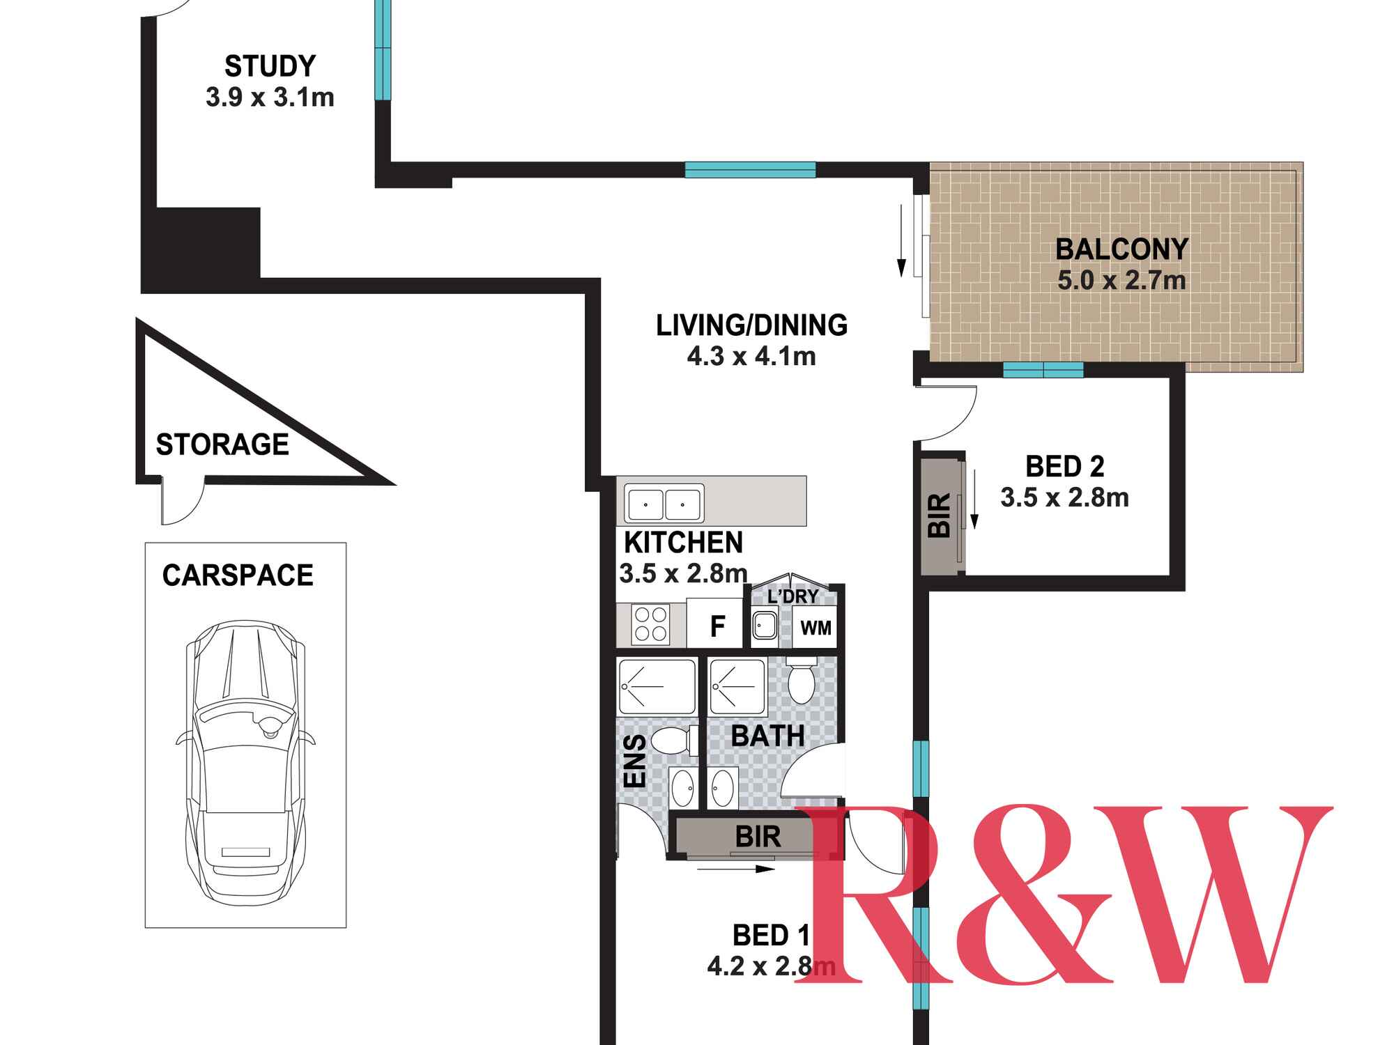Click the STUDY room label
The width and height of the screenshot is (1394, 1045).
pyautogui.click(x=270, y=66)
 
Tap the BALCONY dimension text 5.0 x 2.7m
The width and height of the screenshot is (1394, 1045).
pyautogui.click(x=1121, y=280)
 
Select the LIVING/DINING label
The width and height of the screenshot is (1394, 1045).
pyautogui.click(x=751, y=325)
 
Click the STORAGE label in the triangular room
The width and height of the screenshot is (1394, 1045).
pyautogui.click(x=222, y=444)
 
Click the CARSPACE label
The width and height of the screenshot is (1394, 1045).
pyautogui.click(x=238, y=575)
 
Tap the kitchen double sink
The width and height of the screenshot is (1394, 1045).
pyautogui.click(x=664, y=503)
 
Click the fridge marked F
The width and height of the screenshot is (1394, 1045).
pyautogui.click(x=717, y=625)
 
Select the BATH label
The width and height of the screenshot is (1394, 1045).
pyautogui.click(x=767, y=736)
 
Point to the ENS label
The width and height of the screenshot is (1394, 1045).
pyautogui.click(x=635, y=760)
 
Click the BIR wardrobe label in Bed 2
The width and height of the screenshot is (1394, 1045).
pyautogui.click(x=940, y=515)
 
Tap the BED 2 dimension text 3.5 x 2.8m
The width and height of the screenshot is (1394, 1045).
pyautogui.click(x=1064, y=498)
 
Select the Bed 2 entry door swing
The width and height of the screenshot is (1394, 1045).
pyautogui.click(x=948, y=412)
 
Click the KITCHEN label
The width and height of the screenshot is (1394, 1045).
pyautogui.click(x=683, y=542)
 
